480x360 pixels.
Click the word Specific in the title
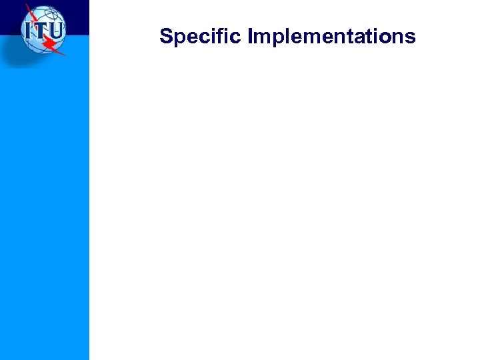[201, 36]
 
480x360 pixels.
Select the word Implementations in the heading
[331, 36]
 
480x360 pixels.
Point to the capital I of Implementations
[250, 36]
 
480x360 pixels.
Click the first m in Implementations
[261, 37]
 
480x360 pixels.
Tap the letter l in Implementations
[283, 36]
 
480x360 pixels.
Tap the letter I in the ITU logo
[29, 31]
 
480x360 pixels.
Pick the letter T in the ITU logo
[41, 31]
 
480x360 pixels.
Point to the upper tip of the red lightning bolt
[27, 5]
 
